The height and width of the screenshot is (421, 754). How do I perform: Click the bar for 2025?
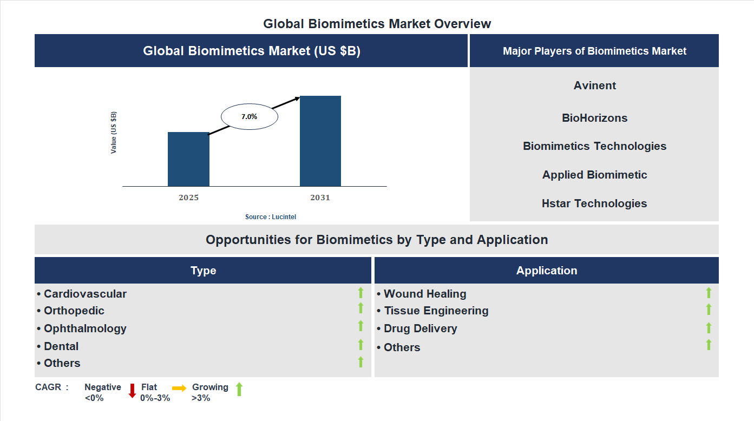click(188, 159)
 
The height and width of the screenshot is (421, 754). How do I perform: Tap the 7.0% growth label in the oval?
click(249, 116)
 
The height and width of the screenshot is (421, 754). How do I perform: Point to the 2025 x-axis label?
click(188, 198)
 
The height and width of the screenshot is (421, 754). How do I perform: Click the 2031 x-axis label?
click(320, 198)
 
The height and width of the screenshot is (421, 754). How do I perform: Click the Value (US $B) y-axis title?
click(114, 133)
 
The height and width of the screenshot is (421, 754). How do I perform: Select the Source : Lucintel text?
click(271, 217)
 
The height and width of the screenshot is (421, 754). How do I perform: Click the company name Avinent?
click(595, 85)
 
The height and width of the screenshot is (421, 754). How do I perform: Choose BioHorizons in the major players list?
click(595, 118)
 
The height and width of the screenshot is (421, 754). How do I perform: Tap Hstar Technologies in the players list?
click(594, 203)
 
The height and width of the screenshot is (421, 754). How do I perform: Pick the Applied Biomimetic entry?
click(594, 175)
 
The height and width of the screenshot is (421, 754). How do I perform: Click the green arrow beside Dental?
click(360, 345)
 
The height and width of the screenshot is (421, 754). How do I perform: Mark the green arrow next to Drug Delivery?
click(709, 328)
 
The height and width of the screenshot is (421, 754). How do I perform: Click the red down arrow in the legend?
click(132, 391)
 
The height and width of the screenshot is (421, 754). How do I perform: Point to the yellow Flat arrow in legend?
click(179, 388)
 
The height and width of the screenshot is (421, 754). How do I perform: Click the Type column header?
click(203, 271)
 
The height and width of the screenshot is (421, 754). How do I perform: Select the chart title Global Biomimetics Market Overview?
click(377, 24)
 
